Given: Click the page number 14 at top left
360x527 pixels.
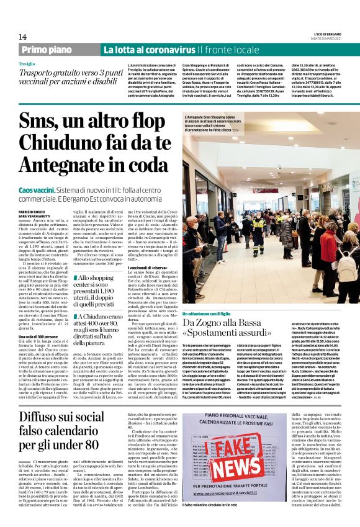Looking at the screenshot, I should pyautogui.click(x=22, y=37).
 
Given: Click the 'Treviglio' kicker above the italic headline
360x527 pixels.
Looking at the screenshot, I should pyautogui.click(x=27, y=64).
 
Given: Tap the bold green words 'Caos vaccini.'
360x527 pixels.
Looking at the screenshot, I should pyautogui.click(x=36, y=189).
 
